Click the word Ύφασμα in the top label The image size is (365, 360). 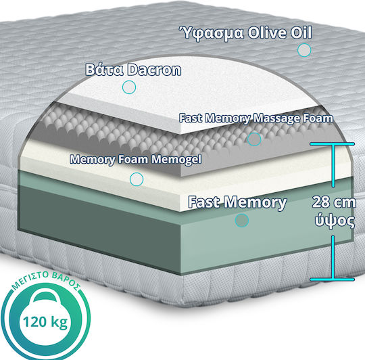[211, 33]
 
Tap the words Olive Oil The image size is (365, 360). [280, 32]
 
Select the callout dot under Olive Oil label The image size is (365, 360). [304, 50]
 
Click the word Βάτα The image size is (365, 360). [105, 70]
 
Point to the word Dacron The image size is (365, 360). [154, 70]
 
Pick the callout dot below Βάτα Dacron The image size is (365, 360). [129, 87]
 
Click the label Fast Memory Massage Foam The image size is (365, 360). [255, 118]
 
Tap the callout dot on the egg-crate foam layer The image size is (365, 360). [254, 139]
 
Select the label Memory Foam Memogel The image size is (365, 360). [136, 160]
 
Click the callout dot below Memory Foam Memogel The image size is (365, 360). [137, 179]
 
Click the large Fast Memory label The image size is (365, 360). [237, 202]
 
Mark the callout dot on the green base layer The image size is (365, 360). [242, 220]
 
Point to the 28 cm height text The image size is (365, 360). [334, 202]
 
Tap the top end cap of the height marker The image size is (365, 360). [332, 144]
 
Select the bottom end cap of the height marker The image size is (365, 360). [332, 279]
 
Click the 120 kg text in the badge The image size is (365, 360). [45, 322]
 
